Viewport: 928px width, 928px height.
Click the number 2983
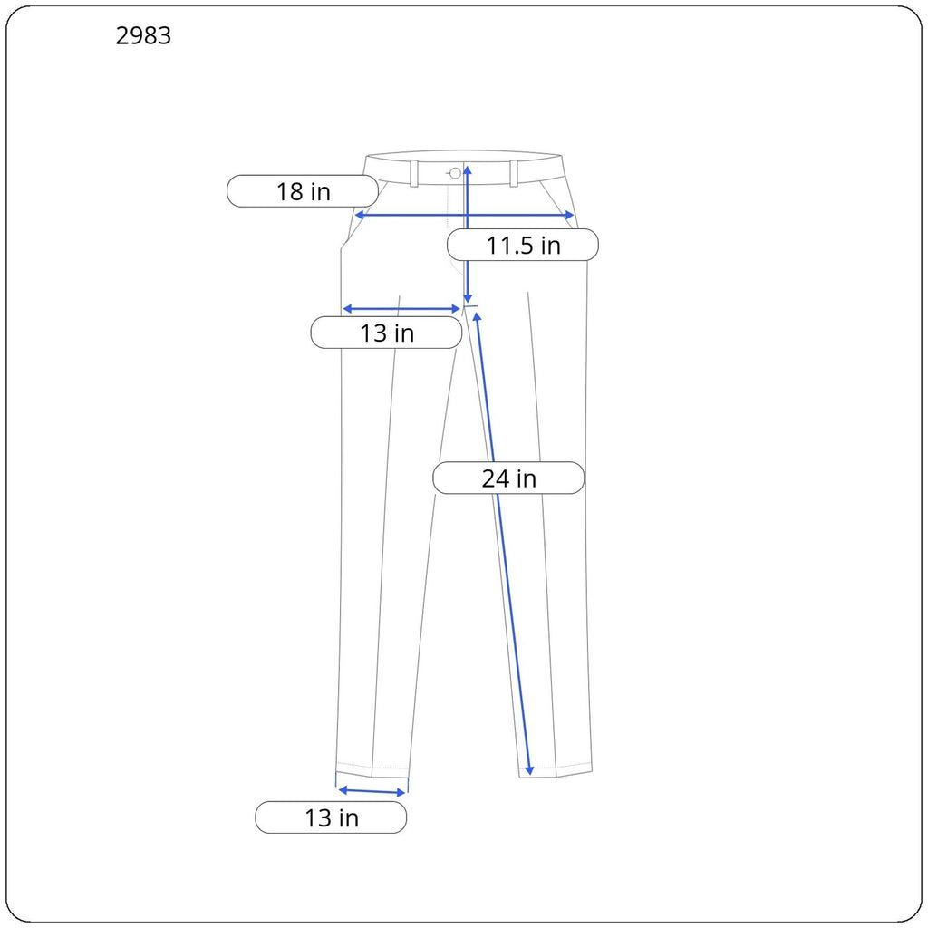click(x=143, y=36)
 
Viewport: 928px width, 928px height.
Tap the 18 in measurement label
click(x=303, y=191)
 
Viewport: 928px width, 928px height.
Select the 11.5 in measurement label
click(x=523, y=245)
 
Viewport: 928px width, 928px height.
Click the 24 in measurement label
click(x=508, y=478)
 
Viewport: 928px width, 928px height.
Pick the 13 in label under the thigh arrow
click(x=386, y=333)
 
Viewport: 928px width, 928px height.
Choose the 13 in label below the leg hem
click(x=331, y=818)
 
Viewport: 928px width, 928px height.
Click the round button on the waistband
click(x=455, y=173)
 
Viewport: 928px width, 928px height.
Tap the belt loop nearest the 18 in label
click(x=414, y=173)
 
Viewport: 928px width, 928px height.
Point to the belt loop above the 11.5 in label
click(x=514, y=173)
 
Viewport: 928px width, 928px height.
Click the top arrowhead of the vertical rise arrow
click(x=467, y=169)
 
